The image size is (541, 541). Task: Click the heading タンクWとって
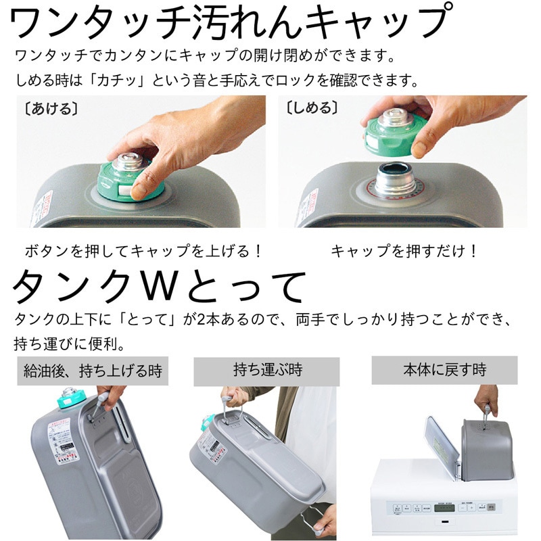[x=159, y=287]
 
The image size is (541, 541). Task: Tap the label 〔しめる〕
[x=312, y=108]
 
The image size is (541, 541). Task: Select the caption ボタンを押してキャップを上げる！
[x=143, y=251]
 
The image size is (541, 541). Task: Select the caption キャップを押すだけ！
[x=405, y=251]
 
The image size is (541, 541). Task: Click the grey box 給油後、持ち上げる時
[x=93, y=371]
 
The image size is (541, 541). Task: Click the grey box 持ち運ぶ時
[x=268, y=371]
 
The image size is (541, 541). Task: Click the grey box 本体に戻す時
[x=444, y=371]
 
